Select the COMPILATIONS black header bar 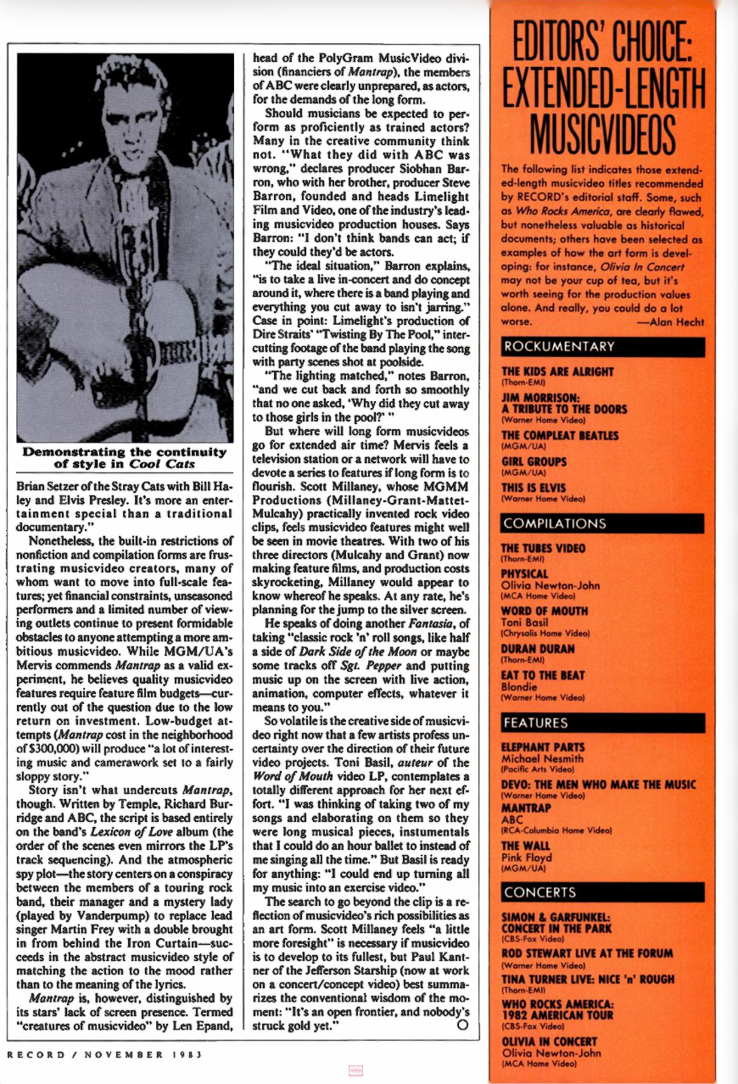tap(554, 523)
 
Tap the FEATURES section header tap(535, 723)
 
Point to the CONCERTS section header tap(540, 892)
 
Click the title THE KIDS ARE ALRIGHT tap(556, 372)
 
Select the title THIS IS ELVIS tap(536, 489)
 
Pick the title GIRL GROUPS tap(535, 462)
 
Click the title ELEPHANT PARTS tap(543, 747)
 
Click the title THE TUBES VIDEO tap(543, 548)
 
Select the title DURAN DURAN tap(538, 649)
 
